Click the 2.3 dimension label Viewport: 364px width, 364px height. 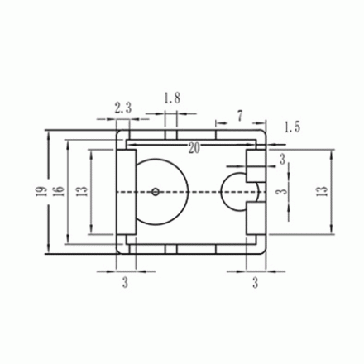pos(124,107)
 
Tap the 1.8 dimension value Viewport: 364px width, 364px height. pos(172,98)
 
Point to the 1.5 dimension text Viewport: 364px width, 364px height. pos(292,127)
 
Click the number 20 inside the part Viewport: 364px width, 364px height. pos(194,149)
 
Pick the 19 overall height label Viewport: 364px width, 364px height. pos(40,192)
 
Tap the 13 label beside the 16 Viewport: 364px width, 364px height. pos(79,192)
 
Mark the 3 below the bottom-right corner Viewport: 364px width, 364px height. pos(256,283)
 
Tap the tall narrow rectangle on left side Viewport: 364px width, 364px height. pos(128,192)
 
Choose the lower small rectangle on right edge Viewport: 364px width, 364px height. pos(254,218)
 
